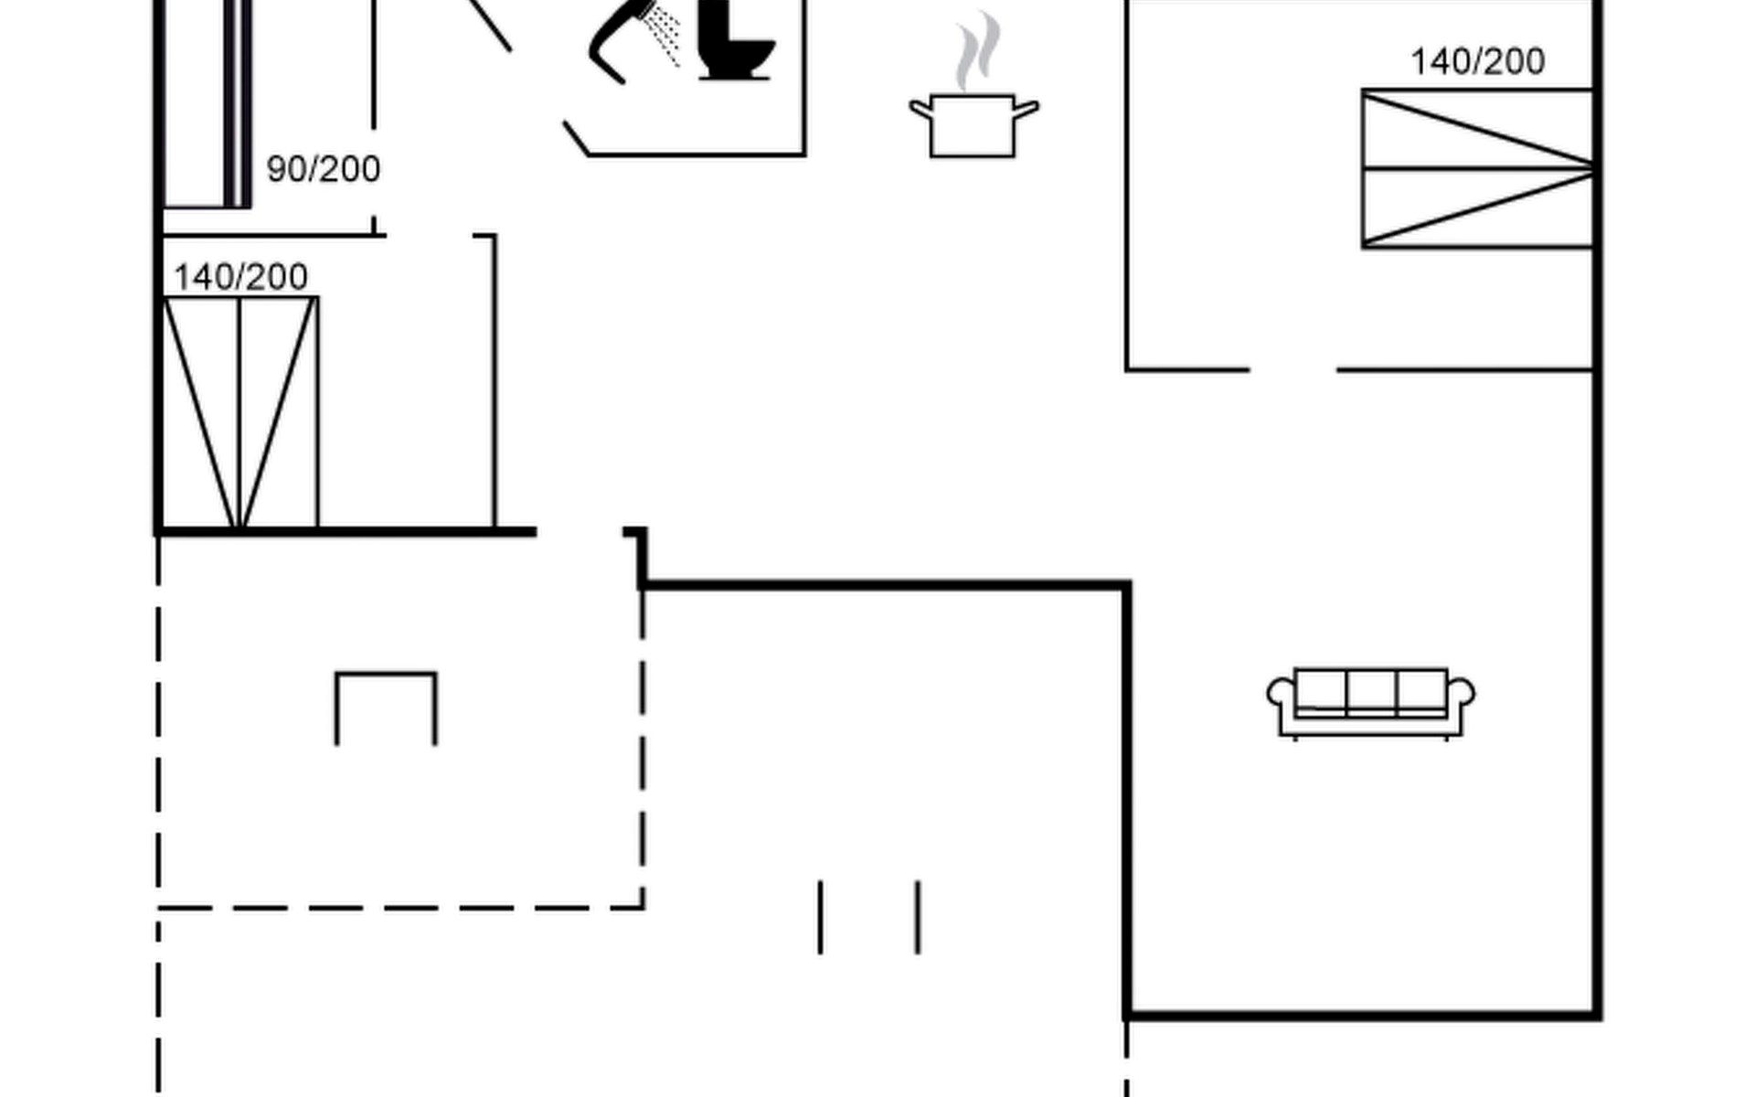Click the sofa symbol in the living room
(x=1370, y=703)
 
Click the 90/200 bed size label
(x=323, y=169)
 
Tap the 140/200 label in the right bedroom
(x=1477, y=61)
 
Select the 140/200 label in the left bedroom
(x=240, y=277)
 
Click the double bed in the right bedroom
(x=1477, y=168)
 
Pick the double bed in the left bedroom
(x=239, y=413)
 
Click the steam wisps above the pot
(x=977, y=50)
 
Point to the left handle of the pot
(x=920, y=110)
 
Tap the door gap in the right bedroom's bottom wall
(x=1293, y=369)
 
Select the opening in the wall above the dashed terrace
(x=580, y=531)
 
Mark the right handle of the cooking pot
(x=1026, y=110)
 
